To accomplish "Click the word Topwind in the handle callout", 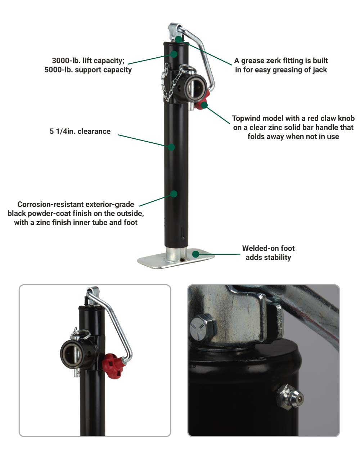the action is [247, 118].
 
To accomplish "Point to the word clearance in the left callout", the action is [94, 132].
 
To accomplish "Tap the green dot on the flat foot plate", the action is [195, 254].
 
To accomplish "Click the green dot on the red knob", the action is [204, 105].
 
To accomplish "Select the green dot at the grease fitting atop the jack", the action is [179, 39].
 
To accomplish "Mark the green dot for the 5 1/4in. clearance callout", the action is [171, 147].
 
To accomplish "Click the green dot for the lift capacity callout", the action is [174, 54].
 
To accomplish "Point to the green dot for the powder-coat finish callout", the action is [174, 194].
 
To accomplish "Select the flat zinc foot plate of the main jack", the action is [176, 259].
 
